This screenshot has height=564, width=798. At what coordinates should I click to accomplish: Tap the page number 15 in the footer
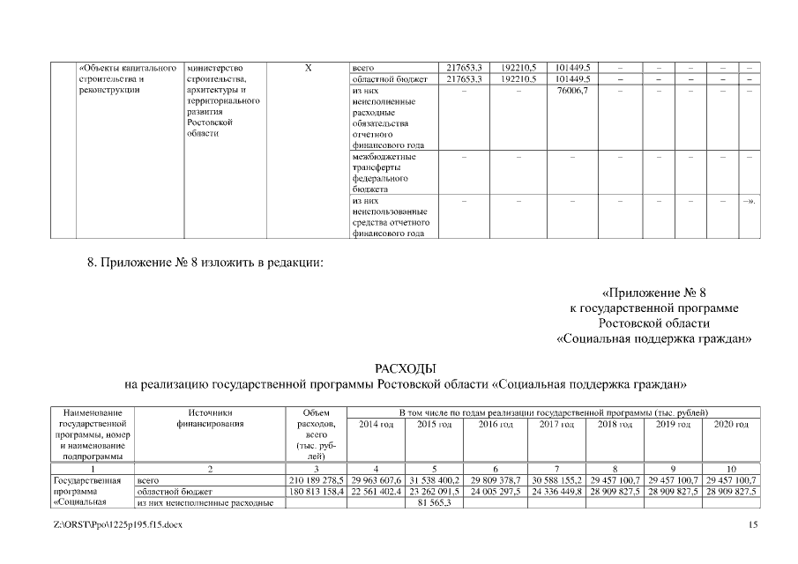752,525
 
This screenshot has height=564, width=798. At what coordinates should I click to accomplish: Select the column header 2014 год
377,424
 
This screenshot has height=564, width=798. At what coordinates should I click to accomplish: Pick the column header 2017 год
553,424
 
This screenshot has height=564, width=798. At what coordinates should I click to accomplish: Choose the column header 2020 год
729,424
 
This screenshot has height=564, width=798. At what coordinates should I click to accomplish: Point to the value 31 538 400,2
434,479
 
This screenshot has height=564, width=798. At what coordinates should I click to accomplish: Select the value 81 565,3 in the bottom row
434,502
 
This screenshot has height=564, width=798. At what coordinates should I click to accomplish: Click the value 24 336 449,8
553,491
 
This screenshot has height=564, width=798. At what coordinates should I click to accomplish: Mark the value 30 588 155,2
553,479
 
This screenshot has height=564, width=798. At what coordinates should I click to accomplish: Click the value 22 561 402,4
377,491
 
